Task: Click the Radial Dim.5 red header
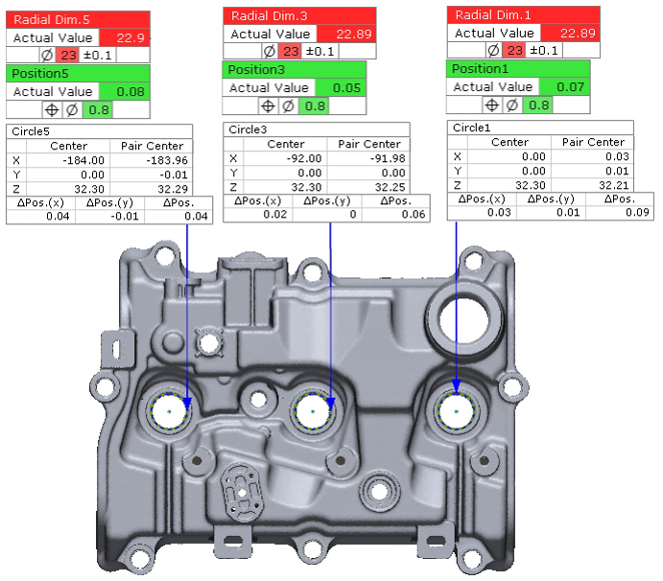point(78,19)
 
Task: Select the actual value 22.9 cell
point(125,37)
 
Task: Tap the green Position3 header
point(294,69)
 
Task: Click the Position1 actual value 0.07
point(564,86)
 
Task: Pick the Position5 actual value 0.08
point(125,91)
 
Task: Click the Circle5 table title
point(31,131)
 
